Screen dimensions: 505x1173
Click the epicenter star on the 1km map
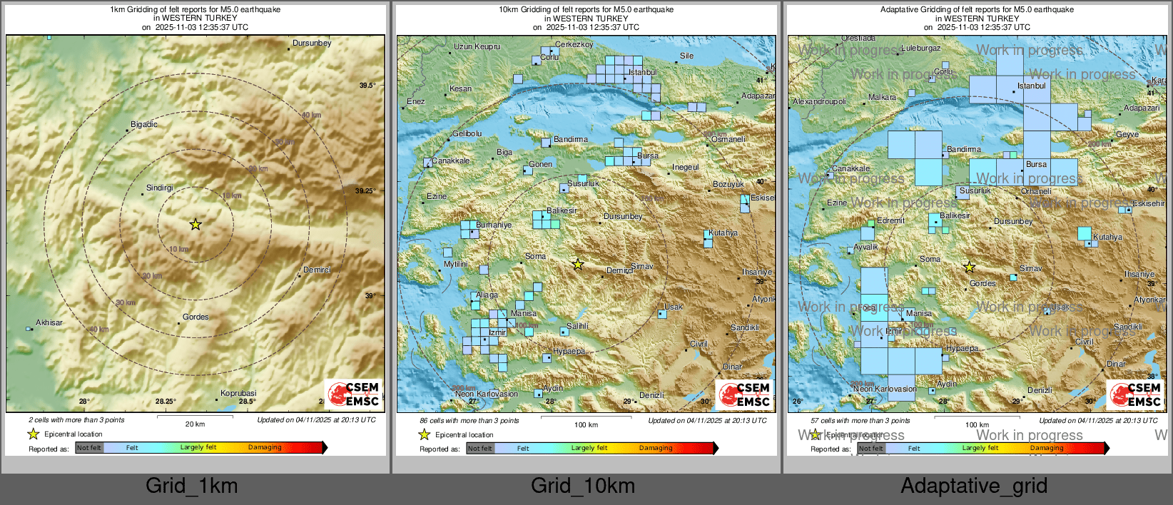(195, 225)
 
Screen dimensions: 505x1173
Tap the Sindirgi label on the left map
(160, 188)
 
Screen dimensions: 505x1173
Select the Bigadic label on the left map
(144, 124)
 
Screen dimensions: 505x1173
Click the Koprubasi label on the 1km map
(238, 393)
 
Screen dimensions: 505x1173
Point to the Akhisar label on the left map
(49, 322)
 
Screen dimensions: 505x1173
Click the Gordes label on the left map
(195, 317)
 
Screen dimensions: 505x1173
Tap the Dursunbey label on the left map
(312, 43)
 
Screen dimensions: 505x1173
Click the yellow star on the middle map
(578, 265)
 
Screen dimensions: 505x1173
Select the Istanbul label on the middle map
(643, 72)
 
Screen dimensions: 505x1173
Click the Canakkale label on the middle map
(451, 160)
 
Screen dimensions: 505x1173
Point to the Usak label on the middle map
(674, 307)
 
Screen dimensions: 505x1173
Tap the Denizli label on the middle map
(651, 395)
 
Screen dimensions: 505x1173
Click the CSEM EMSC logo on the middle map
(744, 394)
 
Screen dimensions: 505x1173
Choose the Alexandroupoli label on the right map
(820, 101)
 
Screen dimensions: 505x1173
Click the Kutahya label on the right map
(1107, 237)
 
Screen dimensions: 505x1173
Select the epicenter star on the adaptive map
(969, 267)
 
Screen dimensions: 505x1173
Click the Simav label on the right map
(1030, 268)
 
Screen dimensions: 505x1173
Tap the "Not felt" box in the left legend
(89, 448)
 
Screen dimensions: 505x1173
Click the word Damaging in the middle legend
(656, 448)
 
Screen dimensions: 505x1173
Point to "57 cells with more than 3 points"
(860, 420)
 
